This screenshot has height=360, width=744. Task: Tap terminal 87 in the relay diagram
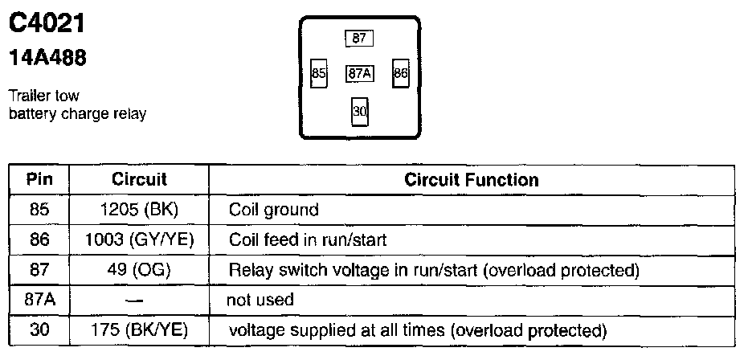[359, 38]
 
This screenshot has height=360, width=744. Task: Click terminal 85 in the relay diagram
[319, 73]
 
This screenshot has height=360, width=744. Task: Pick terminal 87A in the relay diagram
[359, 73]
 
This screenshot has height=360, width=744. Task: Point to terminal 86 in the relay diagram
[401, 73]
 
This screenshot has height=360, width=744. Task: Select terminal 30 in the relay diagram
[359, 111]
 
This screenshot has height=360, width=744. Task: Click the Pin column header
[39, 178]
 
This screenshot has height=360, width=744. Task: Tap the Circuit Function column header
[471, 178]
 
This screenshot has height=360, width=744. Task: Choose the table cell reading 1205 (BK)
[139, 210]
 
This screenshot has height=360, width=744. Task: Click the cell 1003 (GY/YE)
[139, 239]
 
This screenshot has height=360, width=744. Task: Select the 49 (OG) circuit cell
[139, 269]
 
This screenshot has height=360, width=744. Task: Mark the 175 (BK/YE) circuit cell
[139, 329]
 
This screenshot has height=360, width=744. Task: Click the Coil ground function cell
[273, 210]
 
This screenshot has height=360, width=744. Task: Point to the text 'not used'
[260, 300]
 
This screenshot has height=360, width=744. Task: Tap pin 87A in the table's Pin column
[39, 300]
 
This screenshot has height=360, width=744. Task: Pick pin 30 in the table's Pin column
[39, 329]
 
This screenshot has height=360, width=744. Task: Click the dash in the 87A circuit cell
[139, 300]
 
